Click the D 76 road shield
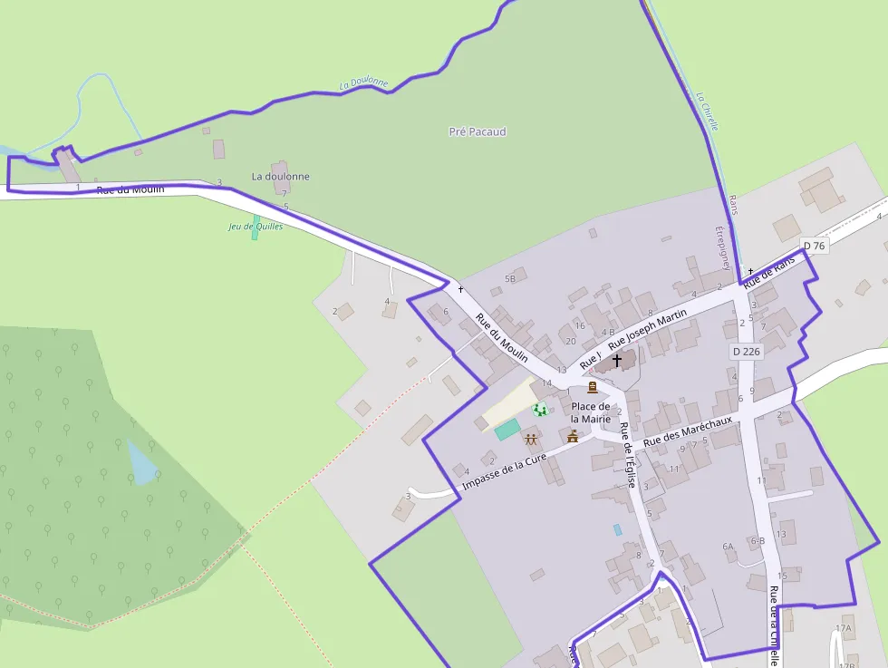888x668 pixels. pos(815,246)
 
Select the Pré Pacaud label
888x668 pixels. pos(478,131)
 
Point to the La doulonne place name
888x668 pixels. pos(281,176)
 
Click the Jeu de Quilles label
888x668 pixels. pos(256,227)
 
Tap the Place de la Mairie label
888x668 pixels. pos(591,412)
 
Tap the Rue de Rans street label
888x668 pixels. pos(769,272)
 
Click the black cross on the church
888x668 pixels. pos(617,360)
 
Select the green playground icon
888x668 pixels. pos(540,410)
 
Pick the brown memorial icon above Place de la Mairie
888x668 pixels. pos(592,387)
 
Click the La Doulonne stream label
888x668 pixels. pos(363,84)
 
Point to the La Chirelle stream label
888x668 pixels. pos(707,110)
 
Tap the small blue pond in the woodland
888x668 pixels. pos(141,462)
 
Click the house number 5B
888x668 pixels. pos(510,278)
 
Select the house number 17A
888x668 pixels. pos(844,628)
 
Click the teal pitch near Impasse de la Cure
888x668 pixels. pos(507,429)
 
